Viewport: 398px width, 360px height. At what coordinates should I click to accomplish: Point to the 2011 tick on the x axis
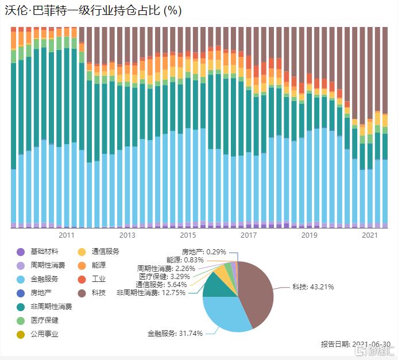click(67, 235)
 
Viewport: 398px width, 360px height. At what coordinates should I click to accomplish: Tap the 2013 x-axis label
click(127, 235)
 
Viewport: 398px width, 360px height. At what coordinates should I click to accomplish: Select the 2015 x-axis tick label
click(188, 235)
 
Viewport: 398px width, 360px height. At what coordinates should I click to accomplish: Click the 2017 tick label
click(248, 235)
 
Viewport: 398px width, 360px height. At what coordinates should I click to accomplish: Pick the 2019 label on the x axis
click(309, 235)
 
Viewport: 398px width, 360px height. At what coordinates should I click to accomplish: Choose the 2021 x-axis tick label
click(370, 235)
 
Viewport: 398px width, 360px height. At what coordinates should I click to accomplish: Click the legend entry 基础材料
click(44, 251)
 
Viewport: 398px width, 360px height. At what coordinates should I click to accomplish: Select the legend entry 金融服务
click(44, 279)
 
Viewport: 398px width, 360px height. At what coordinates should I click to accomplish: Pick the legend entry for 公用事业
click(44, 334)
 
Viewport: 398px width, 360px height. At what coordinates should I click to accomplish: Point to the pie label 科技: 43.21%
click(312, 287)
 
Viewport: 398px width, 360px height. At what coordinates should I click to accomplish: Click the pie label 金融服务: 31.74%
click(175, 333)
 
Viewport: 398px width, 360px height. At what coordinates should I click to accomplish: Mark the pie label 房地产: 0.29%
click(204, 251)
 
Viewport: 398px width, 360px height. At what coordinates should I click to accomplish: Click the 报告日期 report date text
click(353, 344)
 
